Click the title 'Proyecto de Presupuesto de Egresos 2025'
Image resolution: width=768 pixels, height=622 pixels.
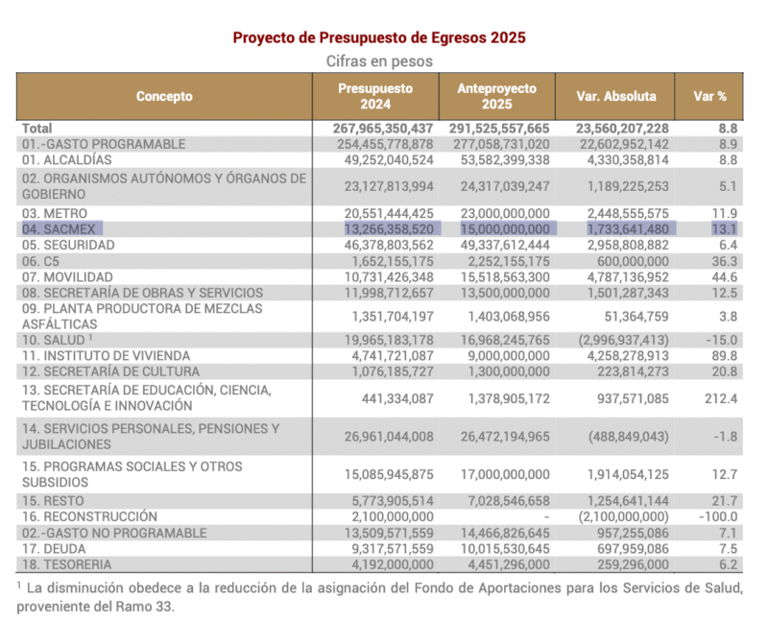click(x=379, y=37)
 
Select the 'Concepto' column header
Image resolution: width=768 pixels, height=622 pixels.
click(x=164, y=96)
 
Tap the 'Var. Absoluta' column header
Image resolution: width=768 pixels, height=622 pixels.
click(x=616, y=96)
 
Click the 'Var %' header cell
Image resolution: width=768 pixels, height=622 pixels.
click(x=709, y=96)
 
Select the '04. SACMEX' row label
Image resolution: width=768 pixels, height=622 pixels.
click(x=63, y=228)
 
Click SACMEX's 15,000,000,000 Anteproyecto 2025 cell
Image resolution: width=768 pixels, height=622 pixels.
click(x=495, y=228)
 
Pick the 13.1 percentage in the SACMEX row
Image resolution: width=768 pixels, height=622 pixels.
click(x=725, y=228)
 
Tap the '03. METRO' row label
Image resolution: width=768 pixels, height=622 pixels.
click(x=56, y=212)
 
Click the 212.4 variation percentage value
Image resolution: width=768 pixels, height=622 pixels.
click(x=721, y=398)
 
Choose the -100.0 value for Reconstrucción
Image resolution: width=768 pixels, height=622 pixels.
click(x=718, y=516)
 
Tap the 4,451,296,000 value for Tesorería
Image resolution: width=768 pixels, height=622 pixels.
click(x=495, y=564)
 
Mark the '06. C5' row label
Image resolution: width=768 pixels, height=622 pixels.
click(x=43, y=260)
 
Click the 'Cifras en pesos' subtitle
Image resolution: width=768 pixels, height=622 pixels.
click(x=379, y=60)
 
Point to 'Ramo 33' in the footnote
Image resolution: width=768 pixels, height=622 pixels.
click(x=157, y=607)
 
